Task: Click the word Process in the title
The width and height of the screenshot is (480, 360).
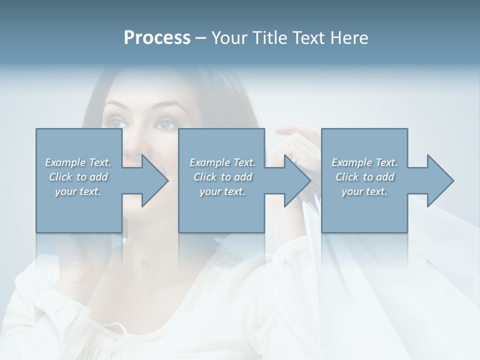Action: coord(157,38)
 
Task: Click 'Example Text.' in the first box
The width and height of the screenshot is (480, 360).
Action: coord(78,162)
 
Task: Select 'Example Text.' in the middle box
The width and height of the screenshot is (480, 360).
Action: coord(222,162)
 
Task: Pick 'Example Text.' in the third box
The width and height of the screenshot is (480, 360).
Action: coord(364,162)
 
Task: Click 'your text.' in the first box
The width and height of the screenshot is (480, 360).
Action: coord(78,191)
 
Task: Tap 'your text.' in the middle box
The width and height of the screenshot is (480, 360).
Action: coord(222,191)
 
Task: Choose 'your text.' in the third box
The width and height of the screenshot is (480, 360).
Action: coord(364,191)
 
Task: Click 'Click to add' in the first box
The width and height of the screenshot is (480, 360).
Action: coord(78,177)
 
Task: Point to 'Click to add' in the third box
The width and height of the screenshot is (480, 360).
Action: coord(365,177)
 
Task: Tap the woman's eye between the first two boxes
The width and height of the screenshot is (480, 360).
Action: coord(165,124)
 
